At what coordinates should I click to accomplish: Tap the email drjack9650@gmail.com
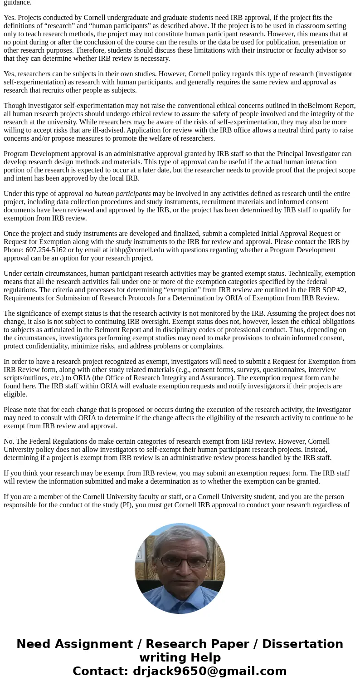(x=209, y=671)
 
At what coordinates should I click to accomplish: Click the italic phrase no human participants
(x=118, y=194)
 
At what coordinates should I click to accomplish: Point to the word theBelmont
(x=326, y=106)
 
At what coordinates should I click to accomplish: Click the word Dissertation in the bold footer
(x=302, y=644)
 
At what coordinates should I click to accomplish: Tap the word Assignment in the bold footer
(x=94, y=644)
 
